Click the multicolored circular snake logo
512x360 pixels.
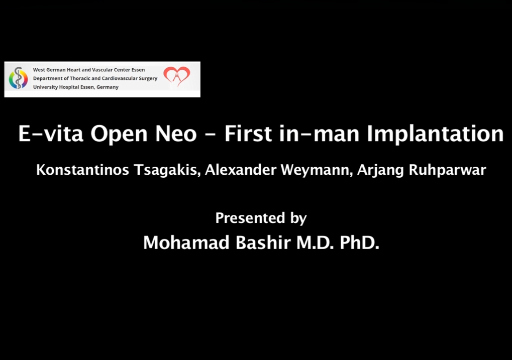[x=18, y=78]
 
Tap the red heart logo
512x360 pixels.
[x=177, y=76]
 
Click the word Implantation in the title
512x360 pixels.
[x=435, y=134]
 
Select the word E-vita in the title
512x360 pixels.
[x=51, y=134]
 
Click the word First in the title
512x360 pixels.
[x=248, y=134]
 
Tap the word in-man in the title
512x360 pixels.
[x=319, y=134]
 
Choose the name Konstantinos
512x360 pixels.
[x=82, y=170]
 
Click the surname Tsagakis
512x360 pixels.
[x=167, y=170]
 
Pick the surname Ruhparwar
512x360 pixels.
[x=447, y=170]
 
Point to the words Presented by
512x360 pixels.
[x=261, y=218]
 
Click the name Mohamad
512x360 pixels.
[x=186, y=243]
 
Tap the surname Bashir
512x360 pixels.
[x=263, y=243]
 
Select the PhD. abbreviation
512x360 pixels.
[x=360, y=243]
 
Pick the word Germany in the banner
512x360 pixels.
[x=108, y=87]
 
